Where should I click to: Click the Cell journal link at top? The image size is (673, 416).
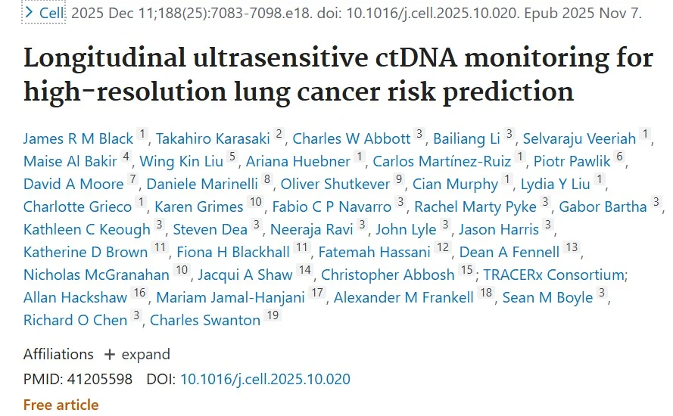pos(52,14)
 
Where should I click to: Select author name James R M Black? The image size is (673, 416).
pos(78,138)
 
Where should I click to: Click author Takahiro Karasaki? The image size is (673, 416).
pos(213,138)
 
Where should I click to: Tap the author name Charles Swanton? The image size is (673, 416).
pos(204,320)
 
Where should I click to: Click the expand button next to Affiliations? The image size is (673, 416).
pos(137,355)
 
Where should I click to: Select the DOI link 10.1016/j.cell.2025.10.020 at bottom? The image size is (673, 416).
pos(265,379)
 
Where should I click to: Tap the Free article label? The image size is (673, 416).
pos(61,405)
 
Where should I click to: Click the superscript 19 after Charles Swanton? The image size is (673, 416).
pos(273,318)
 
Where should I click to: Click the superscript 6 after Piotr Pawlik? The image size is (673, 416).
pos(620,159)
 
